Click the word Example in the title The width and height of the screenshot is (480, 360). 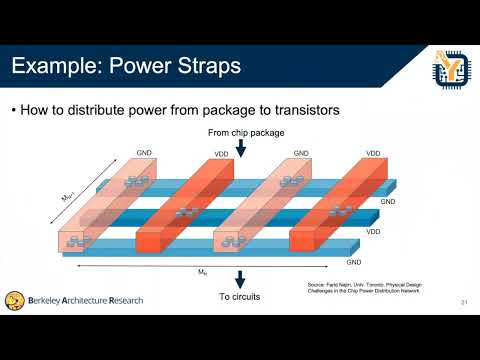pyautogui.click(x=54, y=67)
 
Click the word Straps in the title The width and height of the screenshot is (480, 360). pyautogui.click(x=209, y=67)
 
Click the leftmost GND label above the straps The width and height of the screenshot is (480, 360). pyautogui.click(x=143, y=154)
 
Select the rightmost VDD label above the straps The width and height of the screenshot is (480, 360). pyautogui.click(x=373, y=154)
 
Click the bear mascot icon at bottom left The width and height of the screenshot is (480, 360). pyautogui.click(x=14, y=300)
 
